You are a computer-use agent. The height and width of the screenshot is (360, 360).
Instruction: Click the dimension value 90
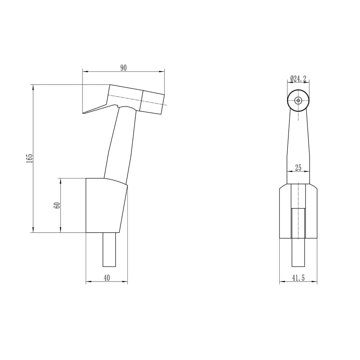coord(123,68)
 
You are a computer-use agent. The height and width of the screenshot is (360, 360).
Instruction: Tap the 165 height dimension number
coord(30,158)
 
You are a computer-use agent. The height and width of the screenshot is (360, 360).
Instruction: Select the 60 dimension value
coord(58,205)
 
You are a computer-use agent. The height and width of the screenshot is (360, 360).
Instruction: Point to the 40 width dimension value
coord(107,278)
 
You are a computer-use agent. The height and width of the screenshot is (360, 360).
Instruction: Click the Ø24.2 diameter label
coord(298,79)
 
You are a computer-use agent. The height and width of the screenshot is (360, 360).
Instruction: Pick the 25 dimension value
coord(298,168)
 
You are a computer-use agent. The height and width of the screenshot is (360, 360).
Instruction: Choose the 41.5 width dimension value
coord(298,278)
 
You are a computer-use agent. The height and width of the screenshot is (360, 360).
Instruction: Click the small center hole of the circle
coord(298,100)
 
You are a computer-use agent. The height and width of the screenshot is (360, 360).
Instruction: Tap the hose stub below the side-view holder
coord(109,249)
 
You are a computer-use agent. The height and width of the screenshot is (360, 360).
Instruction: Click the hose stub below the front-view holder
coord(298,253)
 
